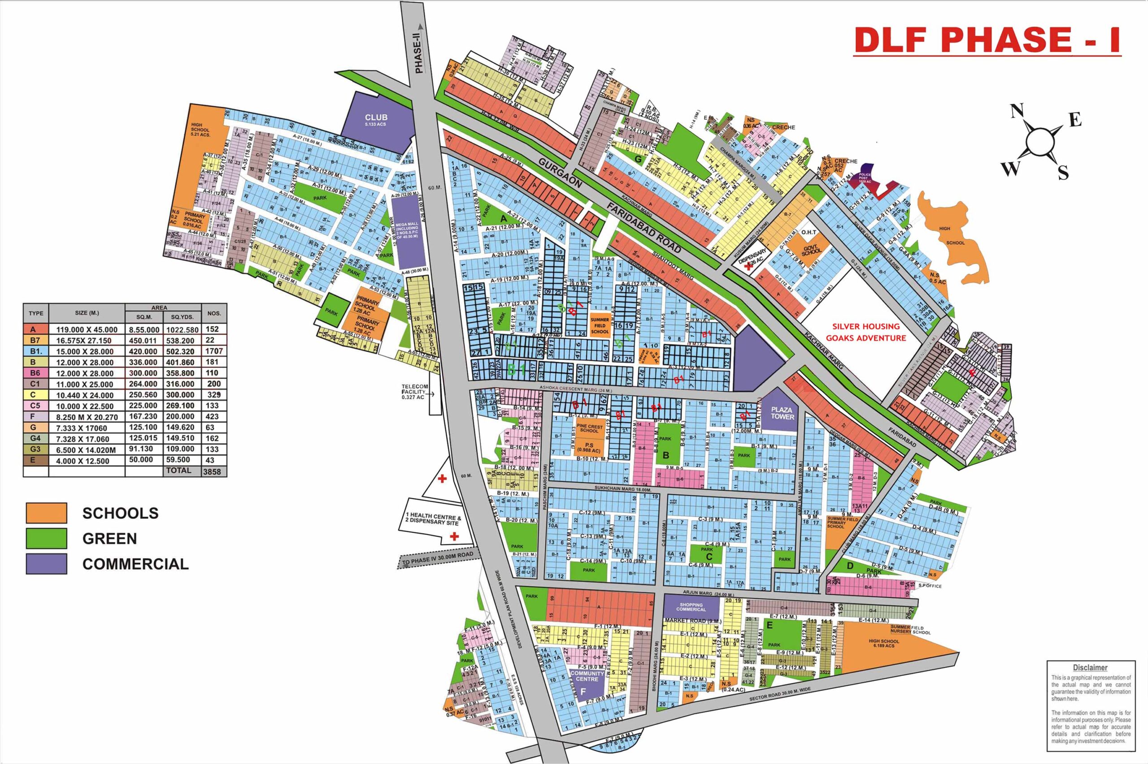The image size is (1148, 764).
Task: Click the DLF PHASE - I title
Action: click(x=987, y=40)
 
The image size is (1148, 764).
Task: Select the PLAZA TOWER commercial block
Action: click(x=782, y=413)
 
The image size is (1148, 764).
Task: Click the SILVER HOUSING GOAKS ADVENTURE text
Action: click(x=869, y=332)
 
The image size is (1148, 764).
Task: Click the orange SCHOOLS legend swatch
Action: click(x=46, y=513)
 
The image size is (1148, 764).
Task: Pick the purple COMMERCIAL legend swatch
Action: click(x=46, y=564)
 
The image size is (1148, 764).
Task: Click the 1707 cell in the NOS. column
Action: click(x=214, y=351)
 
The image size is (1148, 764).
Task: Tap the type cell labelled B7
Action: click(x=35, y=341)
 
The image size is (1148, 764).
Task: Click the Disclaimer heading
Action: click(x=1090, y=668)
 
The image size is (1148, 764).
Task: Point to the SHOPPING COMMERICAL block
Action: click(x=691, y=607)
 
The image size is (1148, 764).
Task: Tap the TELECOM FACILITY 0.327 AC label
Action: click(x=415, y=392)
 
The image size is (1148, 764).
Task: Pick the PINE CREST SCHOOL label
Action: click(x=589, y=428)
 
